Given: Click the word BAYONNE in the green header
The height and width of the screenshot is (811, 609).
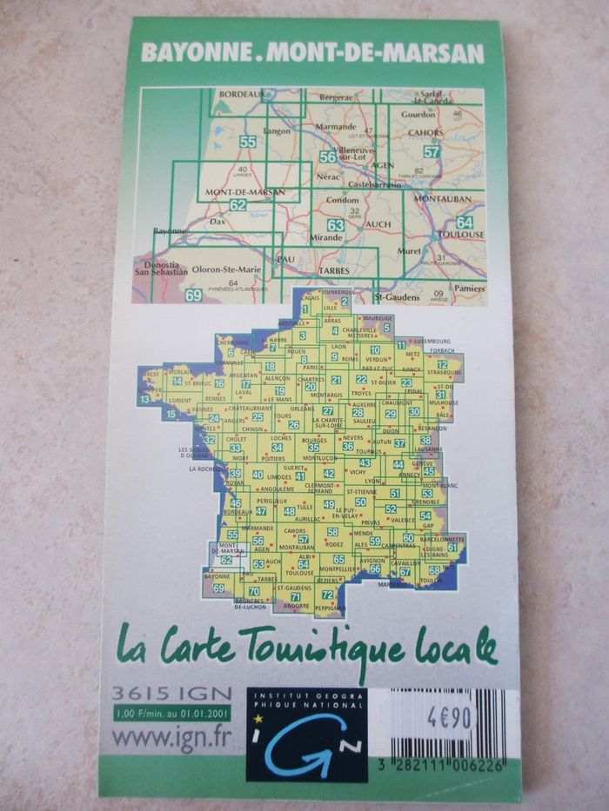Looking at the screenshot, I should (195, 54).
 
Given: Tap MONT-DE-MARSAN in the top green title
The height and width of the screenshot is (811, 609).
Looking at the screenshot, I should (376, 54).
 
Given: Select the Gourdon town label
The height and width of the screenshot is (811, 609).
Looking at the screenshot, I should (418, 114).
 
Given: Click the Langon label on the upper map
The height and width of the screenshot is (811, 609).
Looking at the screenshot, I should (277, 132).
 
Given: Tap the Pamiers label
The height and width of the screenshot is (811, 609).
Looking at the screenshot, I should (467, 286).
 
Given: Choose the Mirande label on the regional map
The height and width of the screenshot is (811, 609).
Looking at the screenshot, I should (329, 236).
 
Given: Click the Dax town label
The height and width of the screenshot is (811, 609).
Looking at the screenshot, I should (217, 222).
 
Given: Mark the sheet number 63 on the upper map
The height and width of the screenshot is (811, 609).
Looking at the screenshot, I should (336, 226).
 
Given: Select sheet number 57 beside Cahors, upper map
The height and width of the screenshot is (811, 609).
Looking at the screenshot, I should (432, 151).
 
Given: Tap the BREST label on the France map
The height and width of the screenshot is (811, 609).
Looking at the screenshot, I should (149, 372).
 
